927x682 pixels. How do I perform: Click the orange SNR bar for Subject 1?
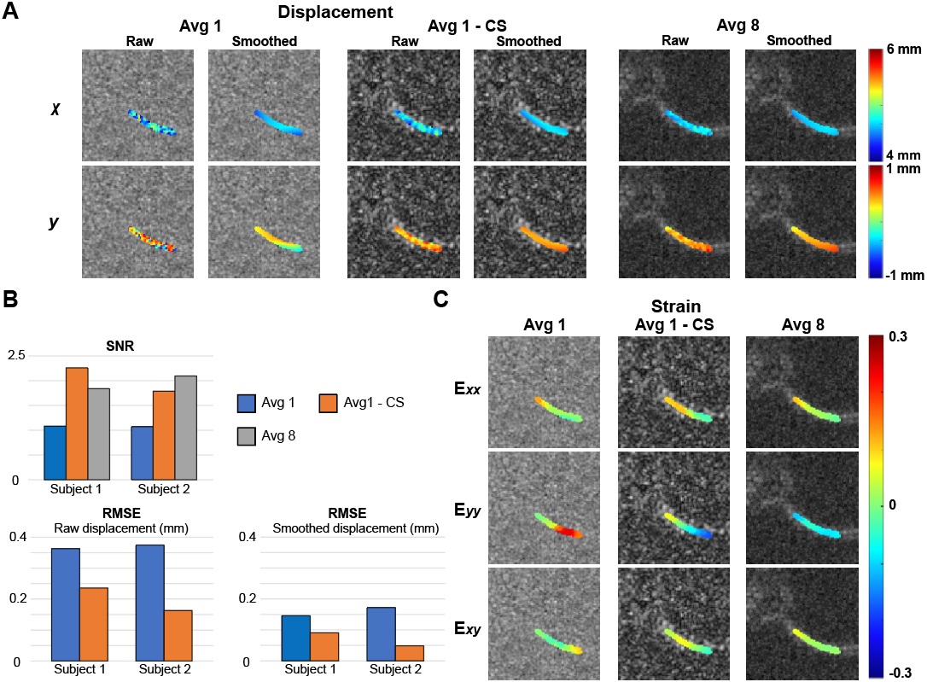(77, 423)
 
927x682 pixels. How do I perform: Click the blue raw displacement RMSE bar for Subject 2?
(149, 603)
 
